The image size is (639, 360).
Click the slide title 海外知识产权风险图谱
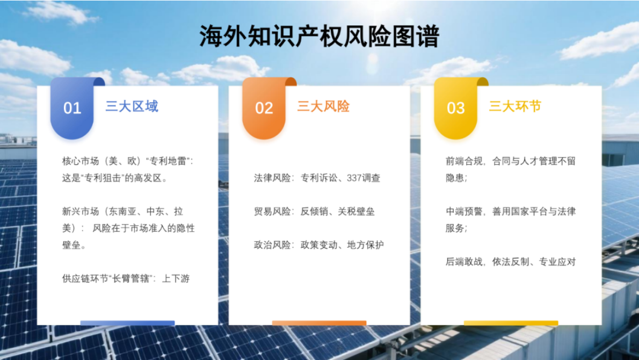(x=319, y=37)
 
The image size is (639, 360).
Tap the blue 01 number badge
(x=72, y=108)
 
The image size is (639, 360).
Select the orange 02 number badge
(x=264, y=108)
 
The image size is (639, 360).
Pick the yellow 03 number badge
(x=455, y=108)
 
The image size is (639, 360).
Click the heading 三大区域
(x=132, y=106)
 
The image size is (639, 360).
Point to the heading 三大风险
(x=323, y=106)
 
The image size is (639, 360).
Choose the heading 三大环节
(x=515, y=106)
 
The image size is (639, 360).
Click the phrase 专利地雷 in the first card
(x=171, y=161)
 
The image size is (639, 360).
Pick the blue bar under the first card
(x=127, y=323)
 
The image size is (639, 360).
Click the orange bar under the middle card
(x=319, y=323)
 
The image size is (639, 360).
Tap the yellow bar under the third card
(x=511, y=323)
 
